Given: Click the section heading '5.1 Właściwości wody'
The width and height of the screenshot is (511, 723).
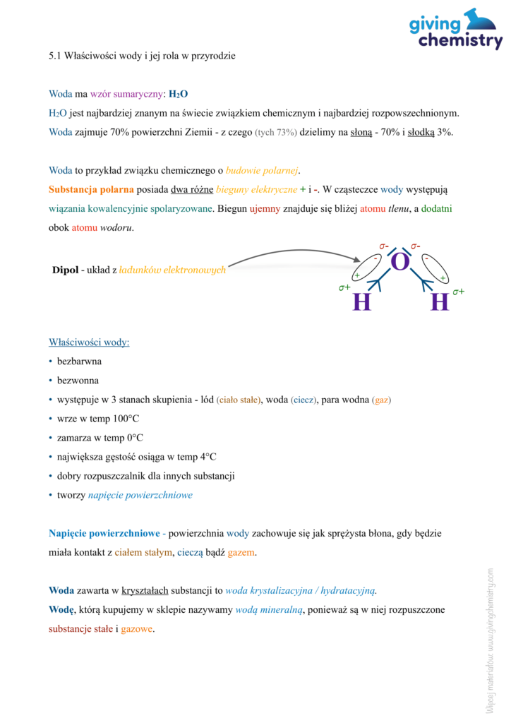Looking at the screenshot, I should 141,56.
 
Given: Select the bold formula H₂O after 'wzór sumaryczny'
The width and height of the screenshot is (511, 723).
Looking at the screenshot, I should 178,94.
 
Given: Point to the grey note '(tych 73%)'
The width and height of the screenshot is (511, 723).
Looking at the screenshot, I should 275,132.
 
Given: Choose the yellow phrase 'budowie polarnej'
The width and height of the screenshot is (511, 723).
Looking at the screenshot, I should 263,170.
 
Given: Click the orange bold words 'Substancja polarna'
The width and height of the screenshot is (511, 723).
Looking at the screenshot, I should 91,189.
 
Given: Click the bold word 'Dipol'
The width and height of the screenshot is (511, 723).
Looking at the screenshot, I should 66,270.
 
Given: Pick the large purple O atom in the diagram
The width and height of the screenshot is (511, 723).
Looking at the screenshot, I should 399,262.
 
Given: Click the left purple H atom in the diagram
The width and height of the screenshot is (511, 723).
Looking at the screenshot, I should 361,302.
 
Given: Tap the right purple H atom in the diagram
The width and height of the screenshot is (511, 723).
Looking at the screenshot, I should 439,302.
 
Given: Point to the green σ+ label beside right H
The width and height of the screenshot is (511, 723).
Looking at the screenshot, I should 459,291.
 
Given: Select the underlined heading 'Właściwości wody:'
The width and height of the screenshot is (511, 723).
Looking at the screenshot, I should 89,342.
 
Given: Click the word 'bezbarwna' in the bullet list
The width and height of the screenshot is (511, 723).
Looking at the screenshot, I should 79,361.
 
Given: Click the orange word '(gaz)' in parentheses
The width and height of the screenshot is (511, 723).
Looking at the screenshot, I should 381,400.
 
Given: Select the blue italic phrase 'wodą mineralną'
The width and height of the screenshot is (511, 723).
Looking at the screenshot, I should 268,609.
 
